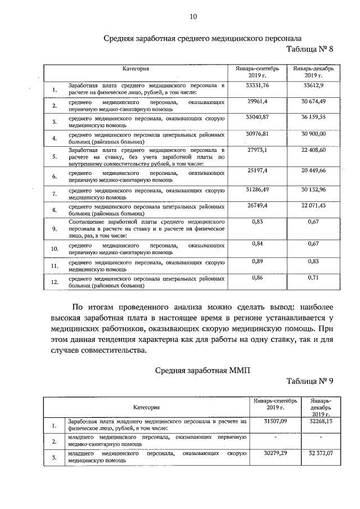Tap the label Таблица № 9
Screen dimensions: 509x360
[310, 381]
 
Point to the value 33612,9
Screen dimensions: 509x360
[313, 85]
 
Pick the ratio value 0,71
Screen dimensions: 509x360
[313, 278]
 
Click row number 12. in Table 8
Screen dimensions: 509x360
[55, 282]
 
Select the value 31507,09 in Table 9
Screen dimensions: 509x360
[276, 420]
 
